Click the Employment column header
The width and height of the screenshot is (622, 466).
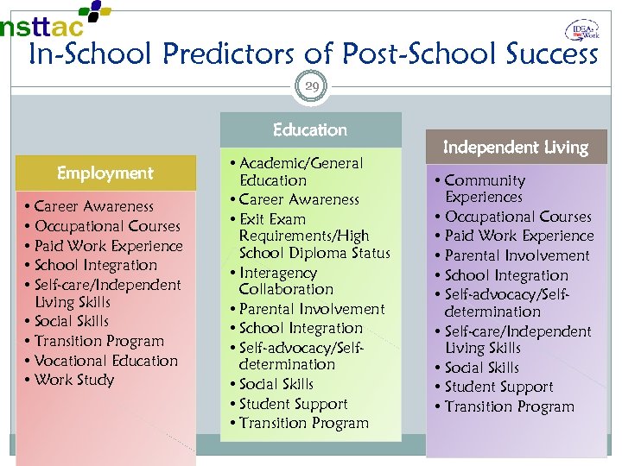[x=105, y=173]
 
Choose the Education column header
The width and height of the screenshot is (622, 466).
[x=310, y=130]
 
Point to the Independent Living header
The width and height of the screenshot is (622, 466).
[x=515, y=148]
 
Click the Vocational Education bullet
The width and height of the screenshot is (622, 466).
[x=106, y=361]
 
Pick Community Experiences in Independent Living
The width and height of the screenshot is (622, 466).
[x=484, y=189]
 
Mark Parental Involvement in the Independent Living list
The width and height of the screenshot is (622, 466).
[x=516, y=255]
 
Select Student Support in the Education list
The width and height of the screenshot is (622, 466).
[x=293, y=404]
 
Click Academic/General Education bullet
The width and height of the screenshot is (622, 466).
[x=299, y=172]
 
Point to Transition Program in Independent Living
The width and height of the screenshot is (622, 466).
[x=509, y=406]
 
